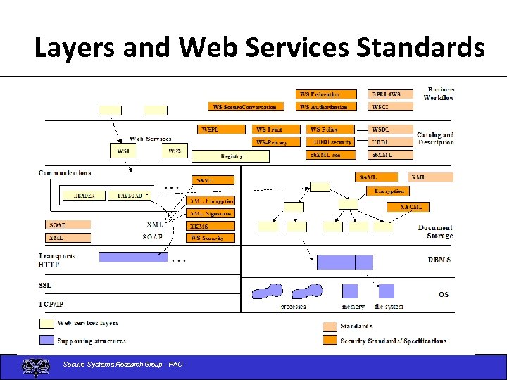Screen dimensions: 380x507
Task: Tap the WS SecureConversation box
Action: click(246, 107)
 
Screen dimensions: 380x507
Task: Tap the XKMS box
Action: click(211, 226)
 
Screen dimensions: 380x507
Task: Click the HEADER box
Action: click(84, 196)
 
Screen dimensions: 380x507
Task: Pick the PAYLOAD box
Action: click(130, 196)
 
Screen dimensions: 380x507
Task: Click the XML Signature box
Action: click(211, 213)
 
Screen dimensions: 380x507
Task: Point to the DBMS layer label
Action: click(439, 260)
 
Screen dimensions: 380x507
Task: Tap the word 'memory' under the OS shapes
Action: click(353, 307)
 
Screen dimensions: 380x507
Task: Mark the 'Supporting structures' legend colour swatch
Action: click(46, 340)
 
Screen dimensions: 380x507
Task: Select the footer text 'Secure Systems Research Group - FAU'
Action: click(123, 364)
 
